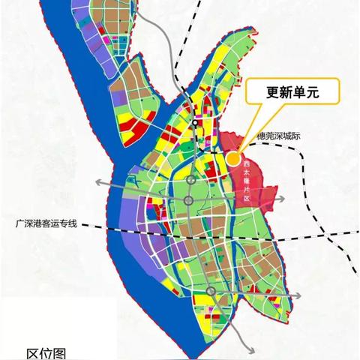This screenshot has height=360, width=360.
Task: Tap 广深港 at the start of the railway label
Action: (x=28, y=223)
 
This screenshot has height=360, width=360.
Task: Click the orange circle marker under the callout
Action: (x=232, y=157)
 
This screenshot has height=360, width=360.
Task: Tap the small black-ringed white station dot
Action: (x=194, y=122)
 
